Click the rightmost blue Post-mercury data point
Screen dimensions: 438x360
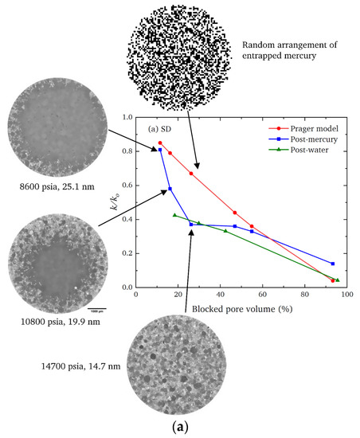(x=332, y=264)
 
